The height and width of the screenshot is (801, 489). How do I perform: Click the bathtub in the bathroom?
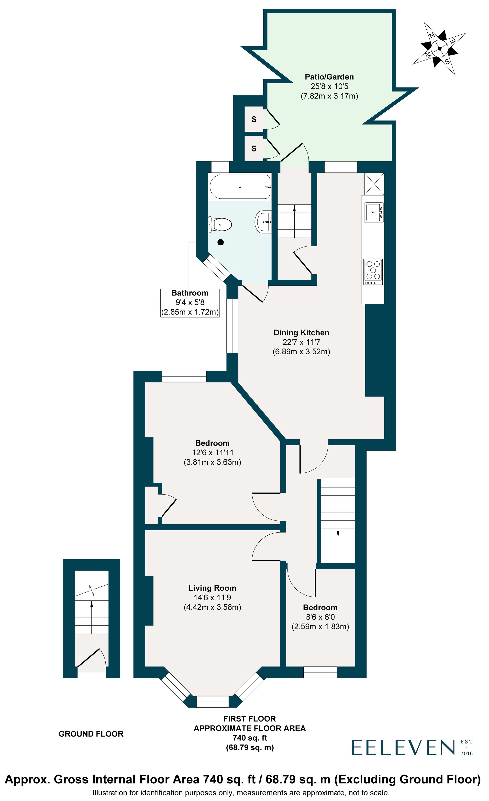(x=240, y=187)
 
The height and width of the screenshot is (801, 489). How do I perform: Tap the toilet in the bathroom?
(x=220, y=225)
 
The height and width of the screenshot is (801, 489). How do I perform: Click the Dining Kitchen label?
(x=301, y=333)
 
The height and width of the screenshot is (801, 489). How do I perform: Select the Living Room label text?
(x=212, y=588)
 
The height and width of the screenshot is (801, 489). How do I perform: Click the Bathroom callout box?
(x=190, y=303)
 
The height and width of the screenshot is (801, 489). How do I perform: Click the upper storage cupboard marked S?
(x=254, y=119)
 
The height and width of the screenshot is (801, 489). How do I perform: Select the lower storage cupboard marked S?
(x=254, y=149)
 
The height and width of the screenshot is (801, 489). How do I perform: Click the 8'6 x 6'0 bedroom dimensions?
(x=320, y=617)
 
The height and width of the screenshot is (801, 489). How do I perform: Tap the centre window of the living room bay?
(x=212, y=702)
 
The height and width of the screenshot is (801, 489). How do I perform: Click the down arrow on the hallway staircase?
(x=338, y=534)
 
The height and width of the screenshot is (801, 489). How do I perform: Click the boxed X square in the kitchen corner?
(x=374, y=184)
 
